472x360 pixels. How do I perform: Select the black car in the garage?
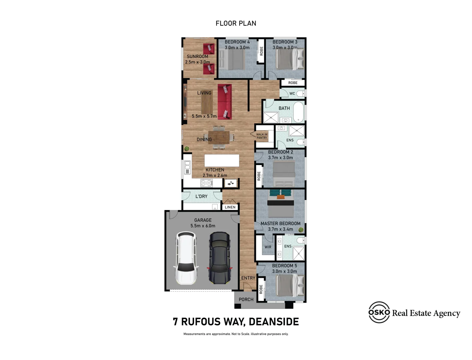tap(219, 258)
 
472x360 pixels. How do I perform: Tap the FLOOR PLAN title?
tap(236, 23)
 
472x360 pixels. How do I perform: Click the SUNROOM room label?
tap(197, 57)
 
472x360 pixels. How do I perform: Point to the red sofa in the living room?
tap(224, 102)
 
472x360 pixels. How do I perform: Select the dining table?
tap(219, 137)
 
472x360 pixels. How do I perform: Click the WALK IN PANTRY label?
tap(262, 136)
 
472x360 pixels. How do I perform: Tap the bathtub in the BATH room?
tap(298, 112)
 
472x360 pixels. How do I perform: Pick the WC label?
tap(292, 94)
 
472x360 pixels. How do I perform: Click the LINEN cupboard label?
tap(230, 207)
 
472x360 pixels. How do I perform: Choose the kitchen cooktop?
tap(206, 183)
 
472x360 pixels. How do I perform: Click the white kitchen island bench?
tap(222, 160)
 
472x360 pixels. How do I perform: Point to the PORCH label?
tap(246, 300)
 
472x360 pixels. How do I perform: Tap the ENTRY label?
tap(248, 278)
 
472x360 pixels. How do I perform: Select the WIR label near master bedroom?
tap(268, 247)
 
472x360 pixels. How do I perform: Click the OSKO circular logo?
tap(379, 312)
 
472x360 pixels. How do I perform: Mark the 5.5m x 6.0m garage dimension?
tap(203, 226)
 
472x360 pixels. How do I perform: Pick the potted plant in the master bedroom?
tap(301, 230)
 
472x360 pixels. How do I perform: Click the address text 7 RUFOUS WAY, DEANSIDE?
tap(236, 322)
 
